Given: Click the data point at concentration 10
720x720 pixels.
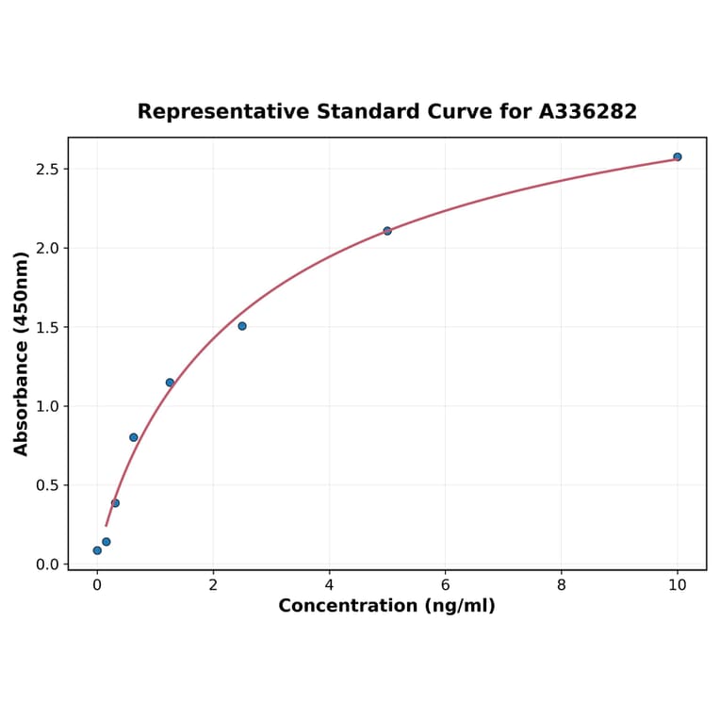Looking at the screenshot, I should coord(677,156).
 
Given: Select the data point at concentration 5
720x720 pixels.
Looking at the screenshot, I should coord(387,231).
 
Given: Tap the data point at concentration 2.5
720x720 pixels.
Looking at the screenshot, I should coord(242,326).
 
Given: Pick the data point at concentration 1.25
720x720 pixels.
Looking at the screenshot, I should coord(170,383).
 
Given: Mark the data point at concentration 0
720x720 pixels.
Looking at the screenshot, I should coord(97,550).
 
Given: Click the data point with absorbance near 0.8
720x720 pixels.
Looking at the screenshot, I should coord(134,437).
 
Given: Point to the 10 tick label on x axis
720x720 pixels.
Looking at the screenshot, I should coord(677,585).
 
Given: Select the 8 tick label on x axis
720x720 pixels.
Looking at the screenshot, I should coord(562,585).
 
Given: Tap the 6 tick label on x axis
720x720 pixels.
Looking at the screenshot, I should coord(445,585).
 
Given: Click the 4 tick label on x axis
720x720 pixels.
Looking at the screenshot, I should coord(329,585).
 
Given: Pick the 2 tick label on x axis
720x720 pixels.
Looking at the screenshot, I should coord(213,585).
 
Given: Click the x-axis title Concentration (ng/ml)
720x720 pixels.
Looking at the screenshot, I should coord(386,606).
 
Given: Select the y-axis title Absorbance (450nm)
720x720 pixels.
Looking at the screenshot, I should coord(22,353).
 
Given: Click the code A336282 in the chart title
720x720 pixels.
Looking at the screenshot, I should coord(588,112).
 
